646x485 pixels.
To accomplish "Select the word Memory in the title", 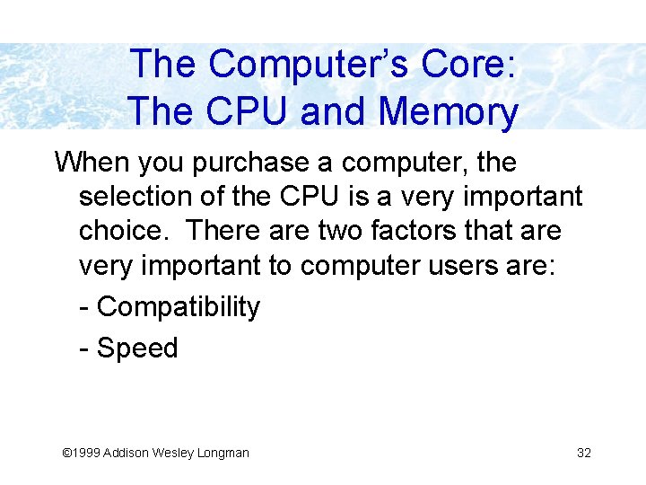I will tap(449, 112).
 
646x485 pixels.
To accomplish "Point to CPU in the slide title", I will tap(249, 112).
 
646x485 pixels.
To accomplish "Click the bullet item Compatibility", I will tap(178, 307).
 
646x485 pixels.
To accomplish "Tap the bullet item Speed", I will tap(137, 348).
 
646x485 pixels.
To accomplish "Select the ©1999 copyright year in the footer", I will tap(80, 453).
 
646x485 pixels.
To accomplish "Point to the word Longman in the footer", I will tap(224, 453).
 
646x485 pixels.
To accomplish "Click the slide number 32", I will tap(583, 453).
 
